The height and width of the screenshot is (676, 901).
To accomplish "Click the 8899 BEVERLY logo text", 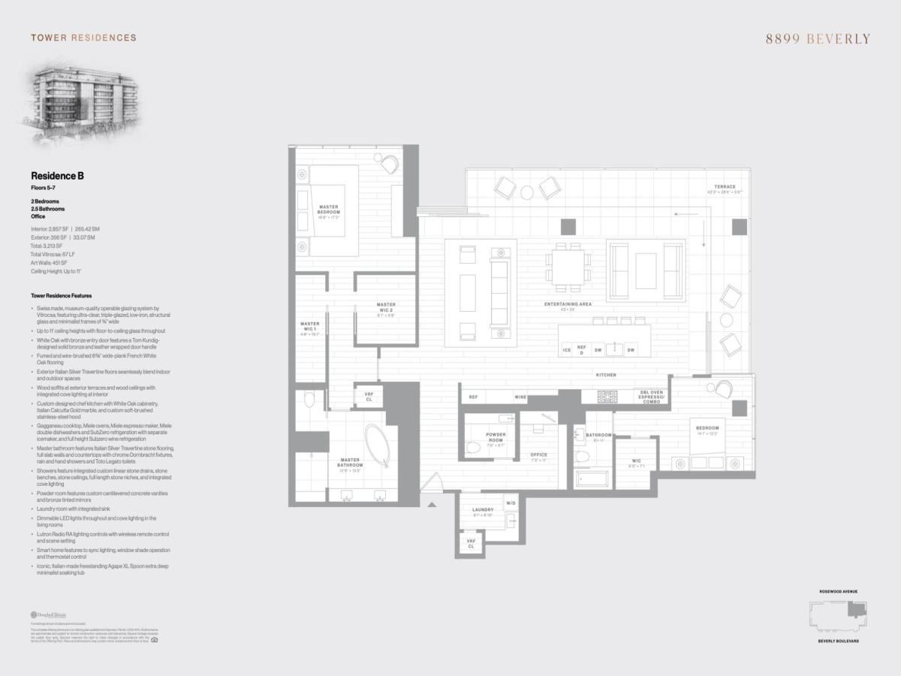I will pos(818,39).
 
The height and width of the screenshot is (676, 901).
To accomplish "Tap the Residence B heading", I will pos(57,175).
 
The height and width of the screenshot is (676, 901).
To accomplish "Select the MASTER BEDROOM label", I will pos(329,210).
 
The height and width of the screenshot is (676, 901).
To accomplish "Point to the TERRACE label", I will pos(725,186).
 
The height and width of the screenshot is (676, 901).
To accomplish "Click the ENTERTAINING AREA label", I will pos(568,304).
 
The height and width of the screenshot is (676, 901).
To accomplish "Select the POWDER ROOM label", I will pos(496,437).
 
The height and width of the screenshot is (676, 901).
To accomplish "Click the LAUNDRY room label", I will pos(483,511).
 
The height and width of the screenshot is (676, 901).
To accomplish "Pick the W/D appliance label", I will pos(511,502).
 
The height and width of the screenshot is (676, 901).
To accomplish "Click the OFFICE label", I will pos(538,454).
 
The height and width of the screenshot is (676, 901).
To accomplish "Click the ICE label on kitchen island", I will pos(567,350).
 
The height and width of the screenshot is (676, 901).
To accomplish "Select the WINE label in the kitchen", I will pos(520,397).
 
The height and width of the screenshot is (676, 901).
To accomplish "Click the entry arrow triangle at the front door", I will pos(432,505).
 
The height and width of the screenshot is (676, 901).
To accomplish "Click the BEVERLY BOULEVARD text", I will pos(838,641).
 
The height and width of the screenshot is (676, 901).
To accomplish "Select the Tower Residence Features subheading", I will pos(62,296).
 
